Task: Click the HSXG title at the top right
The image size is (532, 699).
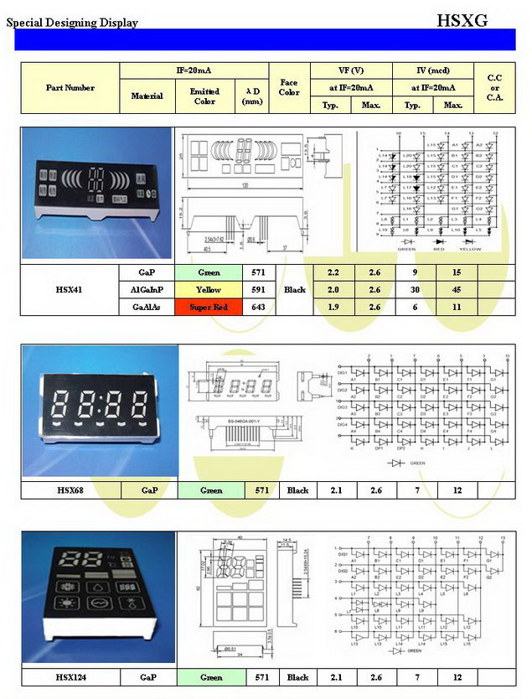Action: (462, 20)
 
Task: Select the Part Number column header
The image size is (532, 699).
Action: (70, 88)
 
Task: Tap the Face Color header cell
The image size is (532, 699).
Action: (289, 88)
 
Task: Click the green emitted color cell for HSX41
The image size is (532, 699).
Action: (209, 272)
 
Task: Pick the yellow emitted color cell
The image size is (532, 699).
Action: (209, 290)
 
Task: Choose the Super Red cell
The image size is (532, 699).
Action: (209, 308)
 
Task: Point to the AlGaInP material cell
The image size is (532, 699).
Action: (147, 290)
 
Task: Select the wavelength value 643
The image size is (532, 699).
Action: (259, 308)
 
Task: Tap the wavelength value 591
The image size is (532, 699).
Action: (259, 290)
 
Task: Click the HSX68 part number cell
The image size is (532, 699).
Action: (70, 490)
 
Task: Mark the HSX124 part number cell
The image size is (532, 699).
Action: (70, 677)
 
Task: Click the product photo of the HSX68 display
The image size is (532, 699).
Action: (100, 411)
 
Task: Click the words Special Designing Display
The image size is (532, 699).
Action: (72, 23)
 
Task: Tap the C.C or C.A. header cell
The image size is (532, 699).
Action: (494, 88)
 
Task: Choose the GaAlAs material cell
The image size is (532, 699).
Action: (147, 308)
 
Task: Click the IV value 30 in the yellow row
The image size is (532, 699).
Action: (413, 290)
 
